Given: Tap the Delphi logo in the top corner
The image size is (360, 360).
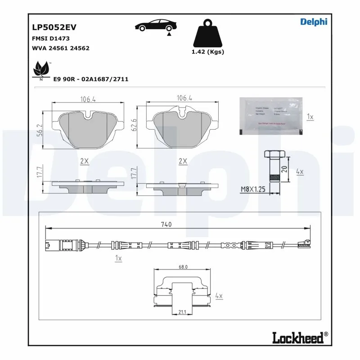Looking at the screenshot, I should (314, 22).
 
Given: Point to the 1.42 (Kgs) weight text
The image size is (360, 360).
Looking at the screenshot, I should (208, 51).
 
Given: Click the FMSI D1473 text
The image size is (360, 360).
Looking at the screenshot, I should (51, 39).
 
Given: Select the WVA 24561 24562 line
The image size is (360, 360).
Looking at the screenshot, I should (61, 48).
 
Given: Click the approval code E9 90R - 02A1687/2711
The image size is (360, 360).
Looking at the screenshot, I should (91, 79).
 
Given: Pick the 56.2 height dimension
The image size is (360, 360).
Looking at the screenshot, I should (39, 130).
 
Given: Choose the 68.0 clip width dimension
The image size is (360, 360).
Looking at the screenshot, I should (183, 267).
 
